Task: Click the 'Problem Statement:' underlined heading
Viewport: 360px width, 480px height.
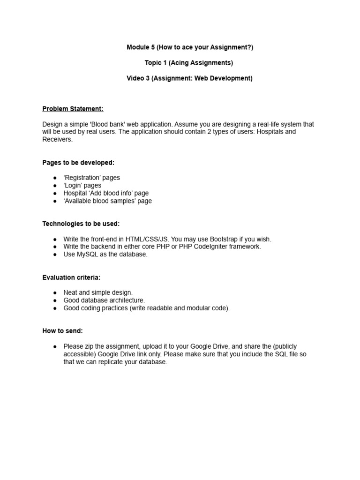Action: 73,109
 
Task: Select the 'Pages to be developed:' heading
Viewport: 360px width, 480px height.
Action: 78,162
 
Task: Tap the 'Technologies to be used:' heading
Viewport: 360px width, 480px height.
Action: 81,224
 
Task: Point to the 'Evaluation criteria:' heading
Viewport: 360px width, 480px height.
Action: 71,277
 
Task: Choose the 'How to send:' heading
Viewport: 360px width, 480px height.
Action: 62,331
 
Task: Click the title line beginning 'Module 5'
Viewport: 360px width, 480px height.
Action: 189,47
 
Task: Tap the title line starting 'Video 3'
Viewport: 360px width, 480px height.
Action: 189,78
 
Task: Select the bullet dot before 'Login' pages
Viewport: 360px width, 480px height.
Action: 55,186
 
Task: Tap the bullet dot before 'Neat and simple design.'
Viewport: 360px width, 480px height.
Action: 55,292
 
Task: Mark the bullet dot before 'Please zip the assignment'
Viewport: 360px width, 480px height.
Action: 55,346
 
